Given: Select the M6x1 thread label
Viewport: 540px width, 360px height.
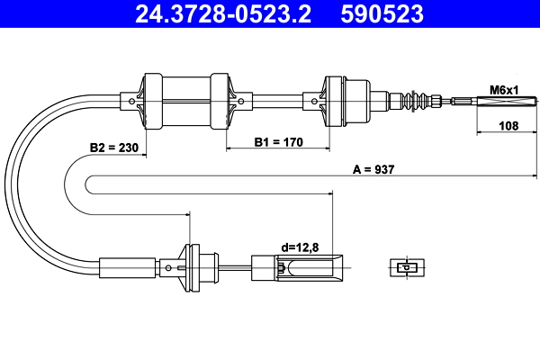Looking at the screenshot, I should point(505,88).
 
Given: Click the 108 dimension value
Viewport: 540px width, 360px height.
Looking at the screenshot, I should point(509,127).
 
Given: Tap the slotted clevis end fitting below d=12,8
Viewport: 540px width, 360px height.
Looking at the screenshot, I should point(297,266).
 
